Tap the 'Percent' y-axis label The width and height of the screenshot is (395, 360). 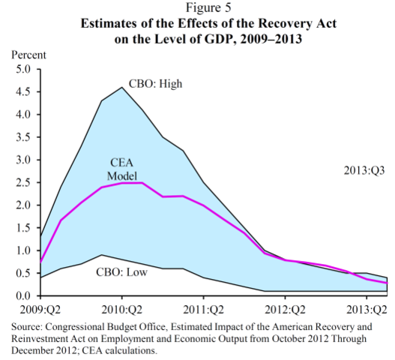pyautogui.click(x=28, y=55)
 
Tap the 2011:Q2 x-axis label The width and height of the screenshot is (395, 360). pyautogui.click(x=205, y=308)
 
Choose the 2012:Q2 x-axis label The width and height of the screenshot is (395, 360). pyautogui.click(x=286, y=308)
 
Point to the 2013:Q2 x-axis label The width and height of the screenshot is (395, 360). pyautogui.click(x=367, y=308)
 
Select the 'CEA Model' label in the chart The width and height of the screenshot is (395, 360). pyautogui.click(x=122, y=167)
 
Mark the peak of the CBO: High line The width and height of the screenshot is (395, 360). pyautogui.click(x=122, y=88)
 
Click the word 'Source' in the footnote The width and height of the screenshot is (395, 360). pyautogui.click(x=30, y=327)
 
